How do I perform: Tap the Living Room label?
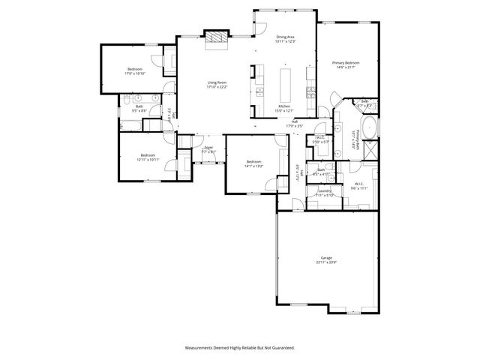point(217,85)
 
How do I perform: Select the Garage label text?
point(326,259)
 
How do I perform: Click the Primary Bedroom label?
point(346,64)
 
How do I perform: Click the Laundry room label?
point(325,193)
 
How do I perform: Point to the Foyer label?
point(208,149)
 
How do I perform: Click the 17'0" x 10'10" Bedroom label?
point(135,71)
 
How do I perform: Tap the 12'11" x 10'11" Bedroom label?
point(147,157)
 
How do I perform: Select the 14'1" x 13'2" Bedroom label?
point(254,163)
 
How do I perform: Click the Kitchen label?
point(284,109)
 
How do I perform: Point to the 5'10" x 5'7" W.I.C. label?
point(320,139)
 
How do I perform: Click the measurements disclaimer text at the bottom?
point(240,347)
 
